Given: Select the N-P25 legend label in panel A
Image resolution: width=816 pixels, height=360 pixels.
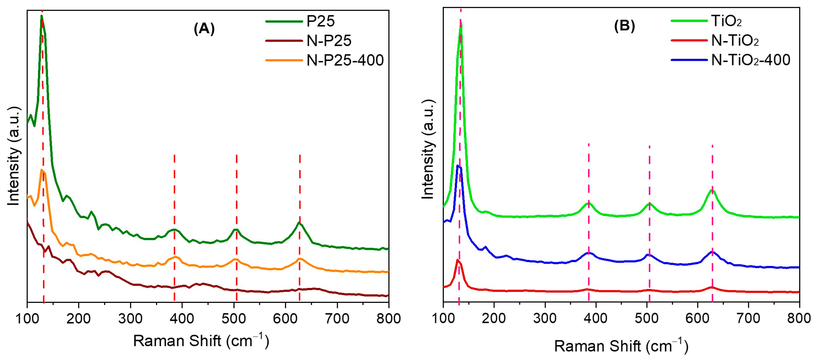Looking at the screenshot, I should [329, 41].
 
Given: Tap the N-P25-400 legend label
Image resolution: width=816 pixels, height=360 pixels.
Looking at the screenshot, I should [345, 60].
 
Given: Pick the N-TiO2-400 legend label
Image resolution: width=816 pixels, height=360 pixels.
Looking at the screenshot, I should [750, 60].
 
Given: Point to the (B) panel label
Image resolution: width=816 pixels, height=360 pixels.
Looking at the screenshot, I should [624, 26].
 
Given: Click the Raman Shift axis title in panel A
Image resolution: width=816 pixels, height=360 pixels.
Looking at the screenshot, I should [201, 341].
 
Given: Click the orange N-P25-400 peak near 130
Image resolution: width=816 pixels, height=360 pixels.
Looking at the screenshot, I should [41, 170].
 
